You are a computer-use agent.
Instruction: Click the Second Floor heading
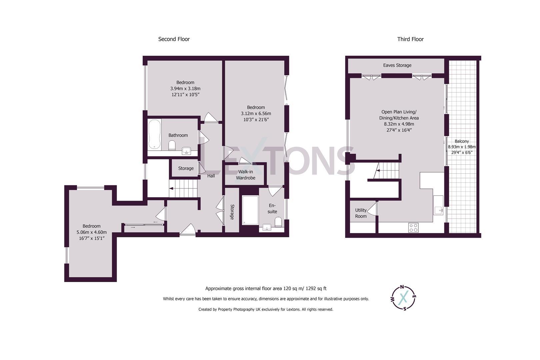(174, 39)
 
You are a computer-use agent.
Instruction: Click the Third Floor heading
(410, 39)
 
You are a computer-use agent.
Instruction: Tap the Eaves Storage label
(397, 65)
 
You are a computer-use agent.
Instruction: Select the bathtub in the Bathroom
(154, 134)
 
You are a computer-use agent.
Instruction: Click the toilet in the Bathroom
(172, 145)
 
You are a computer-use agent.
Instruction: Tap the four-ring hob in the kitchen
(413, 228)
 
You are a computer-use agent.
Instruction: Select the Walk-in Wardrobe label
(246, 175)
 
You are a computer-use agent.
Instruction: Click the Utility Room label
(361, 213)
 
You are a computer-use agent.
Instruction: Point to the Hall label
(211, 176)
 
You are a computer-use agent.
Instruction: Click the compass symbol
(404, 297)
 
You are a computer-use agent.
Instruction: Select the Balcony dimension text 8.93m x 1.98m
(462, 147)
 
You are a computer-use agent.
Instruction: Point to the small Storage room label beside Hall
(186, 168)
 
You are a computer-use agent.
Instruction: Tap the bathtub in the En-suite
(250, 210)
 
